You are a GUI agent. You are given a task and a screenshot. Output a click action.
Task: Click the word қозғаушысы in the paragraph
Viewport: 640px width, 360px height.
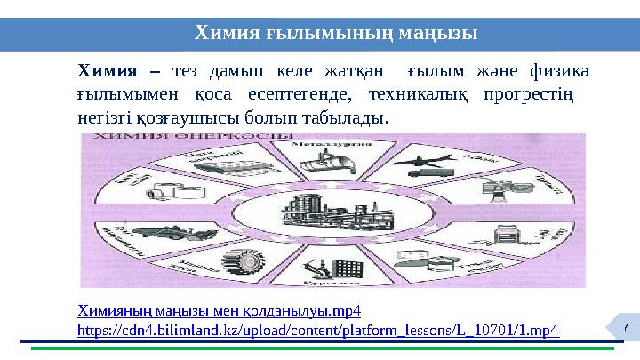coord(183,116)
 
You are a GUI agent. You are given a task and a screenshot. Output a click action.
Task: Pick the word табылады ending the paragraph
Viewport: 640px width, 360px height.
coord(344,116)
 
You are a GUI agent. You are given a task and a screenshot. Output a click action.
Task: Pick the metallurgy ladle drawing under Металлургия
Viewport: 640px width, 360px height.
coord(324,160)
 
